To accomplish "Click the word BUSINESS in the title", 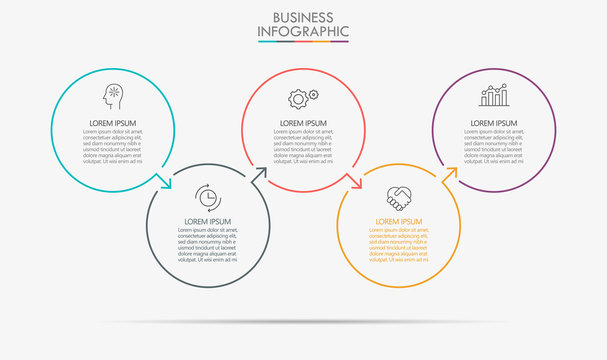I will point(303,17).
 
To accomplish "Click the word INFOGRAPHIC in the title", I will point(303,32).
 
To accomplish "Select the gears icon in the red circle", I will point(303,98).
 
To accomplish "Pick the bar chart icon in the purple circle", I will point(494,96).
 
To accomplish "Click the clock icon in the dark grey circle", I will point(208,196).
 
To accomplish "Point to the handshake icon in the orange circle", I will point(399,197).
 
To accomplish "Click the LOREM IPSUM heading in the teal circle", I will point(111,123).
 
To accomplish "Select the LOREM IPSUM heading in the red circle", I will point(303,123).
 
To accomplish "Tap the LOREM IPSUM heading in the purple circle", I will point(494,123).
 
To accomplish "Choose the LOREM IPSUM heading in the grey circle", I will point(208,221).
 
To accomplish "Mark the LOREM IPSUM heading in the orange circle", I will point(399,221).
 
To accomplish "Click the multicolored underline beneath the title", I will point(303,43).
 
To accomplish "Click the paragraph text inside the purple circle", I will point(494,145).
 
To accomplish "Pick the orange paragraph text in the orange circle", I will point(399,243).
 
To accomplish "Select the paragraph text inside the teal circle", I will point(111,145).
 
